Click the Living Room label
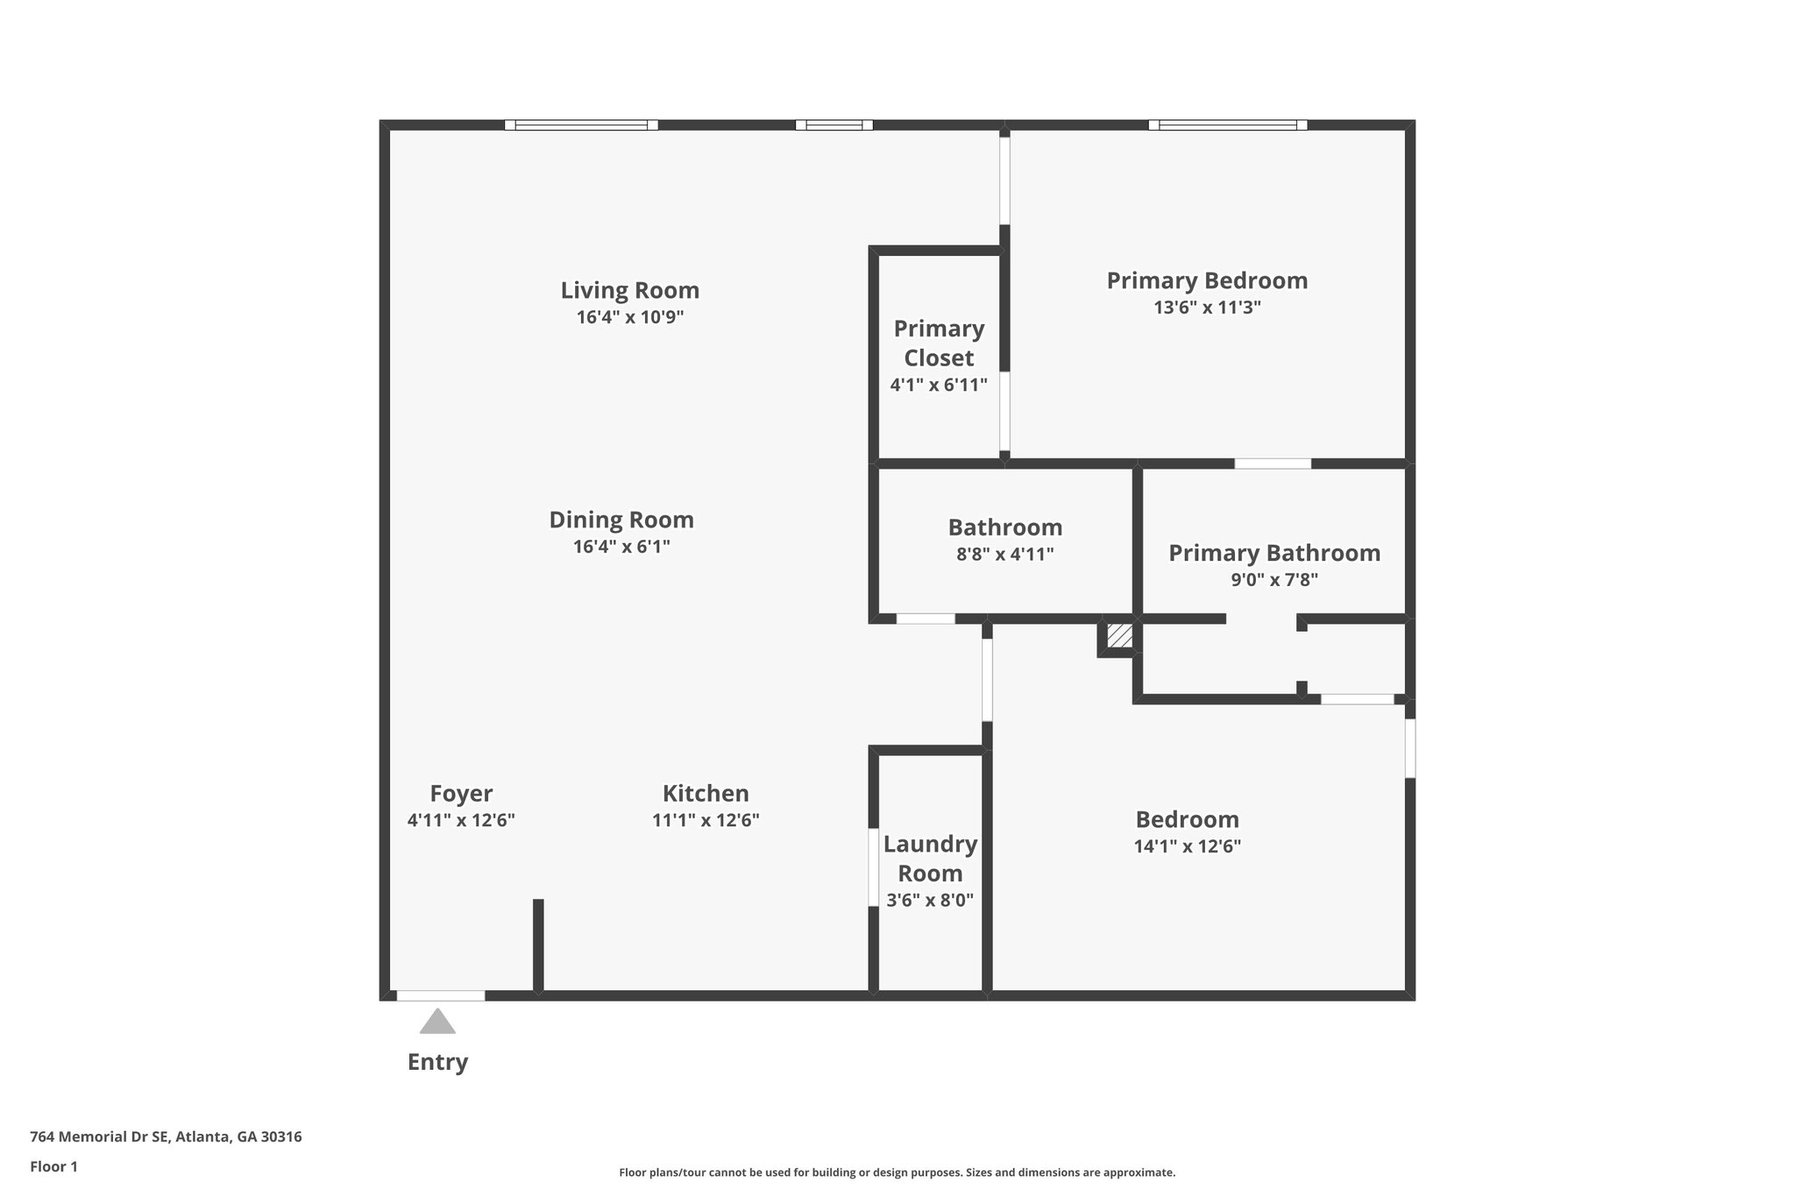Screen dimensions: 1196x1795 tap(629, 290)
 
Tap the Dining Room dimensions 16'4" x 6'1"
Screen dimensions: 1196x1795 tap(621, 547)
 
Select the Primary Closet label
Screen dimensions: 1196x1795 tap(939, 343)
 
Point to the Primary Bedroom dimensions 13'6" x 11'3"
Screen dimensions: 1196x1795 tap(1207, 308)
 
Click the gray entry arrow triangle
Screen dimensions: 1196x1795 tap(437, 1023)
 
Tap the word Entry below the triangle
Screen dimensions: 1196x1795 tap(437, 1062)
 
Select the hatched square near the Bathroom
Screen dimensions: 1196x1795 tap(1119, 634)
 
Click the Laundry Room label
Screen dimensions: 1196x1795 tap(930, 858)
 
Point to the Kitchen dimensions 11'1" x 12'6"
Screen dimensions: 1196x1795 tap(706, 821)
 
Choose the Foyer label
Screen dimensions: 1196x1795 tap(461, 794)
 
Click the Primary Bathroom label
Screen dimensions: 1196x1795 tap(1274, 553)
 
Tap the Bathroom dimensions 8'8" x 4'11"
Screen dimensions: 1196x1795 tap(1004, 554)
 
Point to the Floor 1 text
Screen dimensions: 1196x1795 tap(53, 1167)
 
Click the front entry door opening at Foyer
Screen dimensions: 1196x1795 tap(441, 995)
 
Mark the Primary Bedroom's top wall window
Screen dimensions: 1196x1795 tap(1227, 125)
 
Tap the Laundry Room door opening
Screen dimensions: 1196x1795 tap(873, 867)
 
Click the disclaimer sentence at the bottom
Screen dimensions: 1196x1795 tap(897, 1172)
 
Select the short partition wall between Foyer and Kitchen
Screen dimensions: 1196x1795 tap(538, 946)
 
